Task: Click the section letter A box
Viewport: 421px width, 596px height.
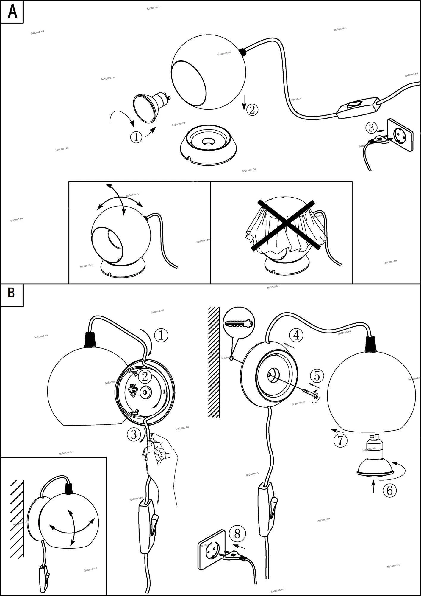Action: click(x=12, y=12)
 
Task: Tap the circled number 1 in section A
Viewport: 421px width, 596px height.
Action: click(x=136, y=137)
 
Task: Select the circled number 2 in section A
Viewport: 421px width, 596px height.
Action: click(x=252, y=110)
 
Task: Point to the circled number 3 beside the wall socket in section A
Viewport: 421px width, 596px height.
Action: click(x=371, y=128)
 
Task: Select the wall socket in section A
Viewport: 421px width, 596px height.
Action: click(x=400, y=135)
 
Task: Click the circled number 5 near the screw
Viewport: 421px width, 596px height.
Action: click(x=317, y=376)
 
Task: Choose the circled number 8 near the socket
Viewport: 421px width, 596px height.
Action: click(x=237, y=533)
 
